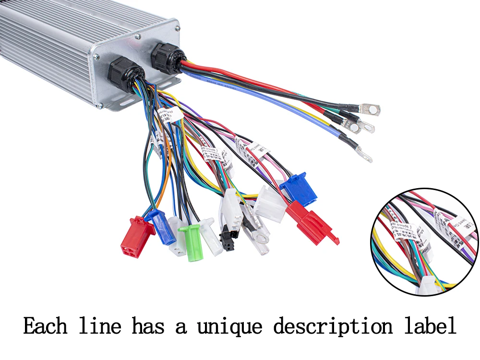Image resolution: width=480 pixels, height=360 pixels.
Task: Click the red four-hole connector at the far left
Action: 136,236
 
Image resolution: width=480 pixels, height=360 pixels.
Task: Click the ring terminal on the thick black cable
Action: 372,109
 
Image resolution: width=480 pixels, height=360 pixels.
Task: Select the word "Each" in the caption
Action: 45,327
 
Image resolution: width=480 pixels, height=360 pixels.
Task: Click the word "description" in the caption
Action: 333,327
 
